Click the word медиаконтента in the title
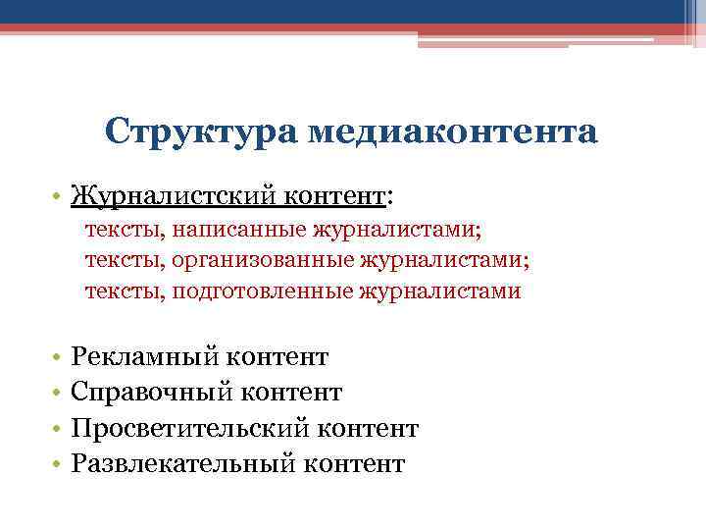pos(452,132)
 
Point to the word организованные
pos(263,260)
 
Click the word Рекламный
pos(148,357)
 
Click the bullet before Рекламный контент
pos(60,357)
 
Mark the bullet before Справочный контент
pos(60,393)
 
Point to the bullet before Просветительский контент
pos(60,429)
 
